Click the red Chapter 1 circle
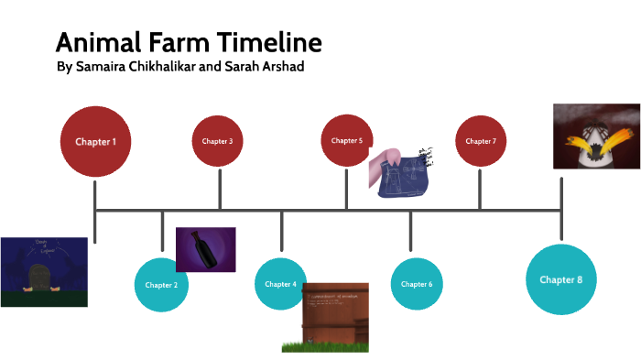coord(95,142)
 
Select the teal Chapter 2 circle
coord(162,285)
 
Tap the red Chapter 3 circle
coord(218,141)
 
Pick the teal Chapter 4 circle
coord(281,284)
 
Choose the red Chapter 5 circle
coord(347,140)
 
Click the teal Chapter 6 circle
coord(418,284)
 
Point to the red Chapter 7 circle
coord(481,141)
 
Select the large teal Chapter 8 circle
coord(561,279)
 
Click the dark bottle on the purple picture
coord(203,249)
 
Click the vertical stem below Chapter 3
coord(220,189)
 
